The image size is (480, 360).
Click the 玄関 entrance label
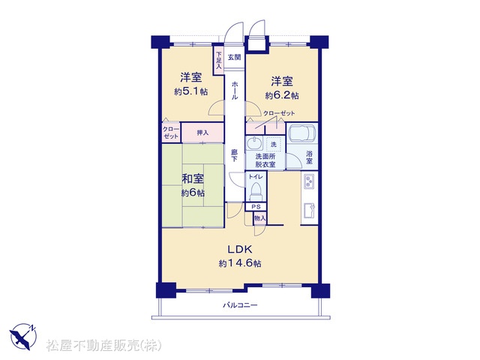click(235, 57)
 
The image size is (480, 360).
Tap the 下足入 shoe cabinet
click(218, 60)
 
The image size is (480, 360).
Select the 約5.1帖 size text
click(190, 91)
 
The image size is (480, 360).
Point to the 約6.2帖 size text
click(282, 95)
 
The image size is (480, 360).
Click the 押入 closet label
click(202, 133)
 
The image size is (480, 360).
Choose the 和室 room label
click(193, 178)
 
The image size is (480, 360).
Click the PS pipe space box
click(256, 207)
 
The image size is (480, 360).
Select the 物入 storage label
click(260, 218)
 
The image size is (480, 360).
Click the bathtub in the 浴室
click(302, 133)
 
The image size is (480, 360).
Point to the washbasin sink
click(253, 143)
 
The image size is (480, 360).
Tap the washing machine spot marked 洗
click(274, 145)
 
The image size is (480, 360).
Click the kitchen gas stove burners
click(308, 181)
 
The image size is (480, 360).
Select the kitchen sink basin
click(308, 211)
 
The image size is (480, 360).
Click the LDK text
click(240, 250)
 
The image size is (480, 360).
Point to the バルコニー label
click(240, 305)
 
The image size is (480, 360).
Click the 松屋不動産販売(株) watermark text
click(103, 345)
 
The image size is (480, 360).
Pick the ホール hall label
click(235, 91)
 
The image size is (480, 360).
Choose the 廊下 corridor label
click(235, 155)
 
